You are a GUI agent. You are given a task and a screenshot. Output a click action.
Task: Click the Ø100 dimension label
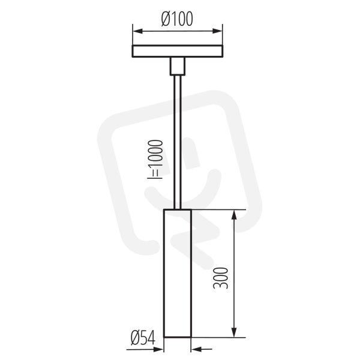pyautogui.click(x=177, y=19)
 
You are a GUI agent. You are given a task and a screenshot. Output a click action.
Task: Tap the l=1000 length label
pyautogui.click(x=155, y=159)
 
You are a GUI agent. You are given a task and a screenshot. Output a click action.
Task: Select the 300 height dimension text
pyautogui.click(x=221, y=278)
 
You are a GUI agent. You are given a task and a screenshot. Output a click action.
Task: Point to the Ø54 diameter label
pyautogui.click(x=143, y=338)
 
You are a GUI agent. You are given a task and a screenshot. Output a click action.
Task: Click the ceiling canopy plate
pyautogui.click(x=178, y=51)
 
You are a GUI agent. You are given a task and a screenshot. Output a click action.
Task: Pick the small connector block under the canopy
pyautogui.click(x=178, y=66)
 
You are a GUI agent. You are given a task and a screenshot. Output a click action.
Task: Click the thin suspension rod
pyautogui.click(x=178, y=142)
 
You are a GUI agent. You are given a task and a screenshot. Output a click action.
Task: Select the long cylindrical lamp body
pyautogui.click(x=177, y=273)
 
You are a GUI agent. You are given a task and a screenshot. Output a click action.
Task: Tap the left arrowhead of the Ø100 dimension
pyautogui.click(x=137, y=31)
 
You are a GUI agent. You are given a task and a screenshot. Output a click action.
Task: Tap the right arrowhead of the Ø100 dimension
pyautogui.click(x=217, y=31)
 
